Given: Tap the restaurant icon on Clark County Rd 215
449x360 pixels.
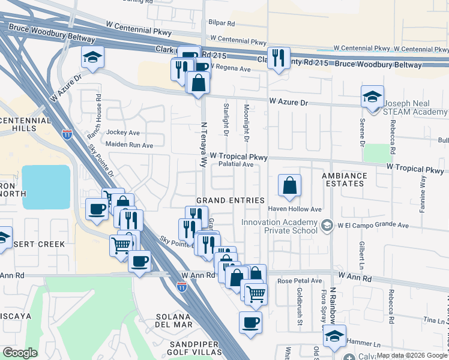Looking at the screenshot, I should coord(278,58).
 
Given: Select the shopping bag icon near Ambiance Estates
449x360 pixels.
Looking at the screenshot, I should coord(290,186).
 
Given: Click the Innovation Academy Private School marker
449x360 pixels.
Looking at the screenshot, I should coord(327,226).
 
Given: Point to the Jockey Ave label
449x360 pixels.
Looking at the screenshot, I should coord(122,132).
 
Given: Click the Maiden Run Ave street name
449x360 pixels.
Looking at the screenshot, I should coord(129,145).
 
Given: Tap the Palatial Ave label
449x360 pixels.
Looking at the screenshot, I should coord(236,164).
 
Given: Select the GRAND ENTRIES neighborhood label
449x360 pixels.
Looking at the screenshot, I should coord(231,200).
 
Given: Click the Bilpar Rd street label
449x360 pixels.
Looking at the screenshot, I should coord(222,23).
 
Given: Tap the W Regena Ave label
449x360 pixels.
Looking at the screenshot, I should coord(230,69).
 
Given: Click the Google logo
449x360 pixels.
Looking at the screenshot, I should coord(19,353).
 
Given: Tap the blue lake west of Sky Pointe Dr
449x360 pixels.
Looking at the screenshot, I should coord(46,187).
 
